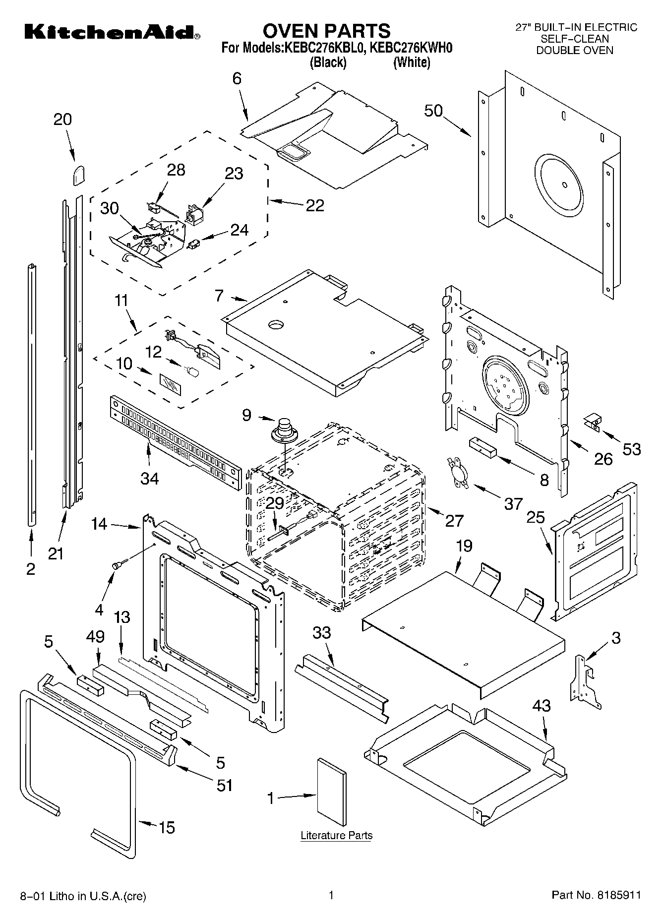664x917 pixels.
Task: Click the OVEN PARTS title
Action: pyautogui.click(x=326, y=31)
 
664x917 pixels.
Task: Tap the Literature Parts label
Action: pyautogui.click(x=336, y=835)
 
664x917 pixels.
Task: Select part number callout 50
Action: pyautogui.click(x=433, y=111)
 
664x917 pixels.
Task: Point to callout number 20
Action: pyautogui.click(x=62, y=120)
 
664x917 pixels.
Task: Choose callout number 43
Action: pyautogui.click(x=541, y=705)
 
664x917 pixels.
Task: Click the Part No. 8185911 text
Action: pyautogui.click(x=597, y=895)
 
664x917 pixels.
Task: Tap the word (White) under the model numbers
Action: pyautogui.click(x=411, y=63)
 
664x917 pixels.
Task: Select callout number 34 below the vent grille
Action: pyautogui.click(x=149, y=478)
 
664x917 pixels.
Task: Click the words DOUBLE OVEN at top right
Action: pyautogui.click(x=575, y=50)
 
